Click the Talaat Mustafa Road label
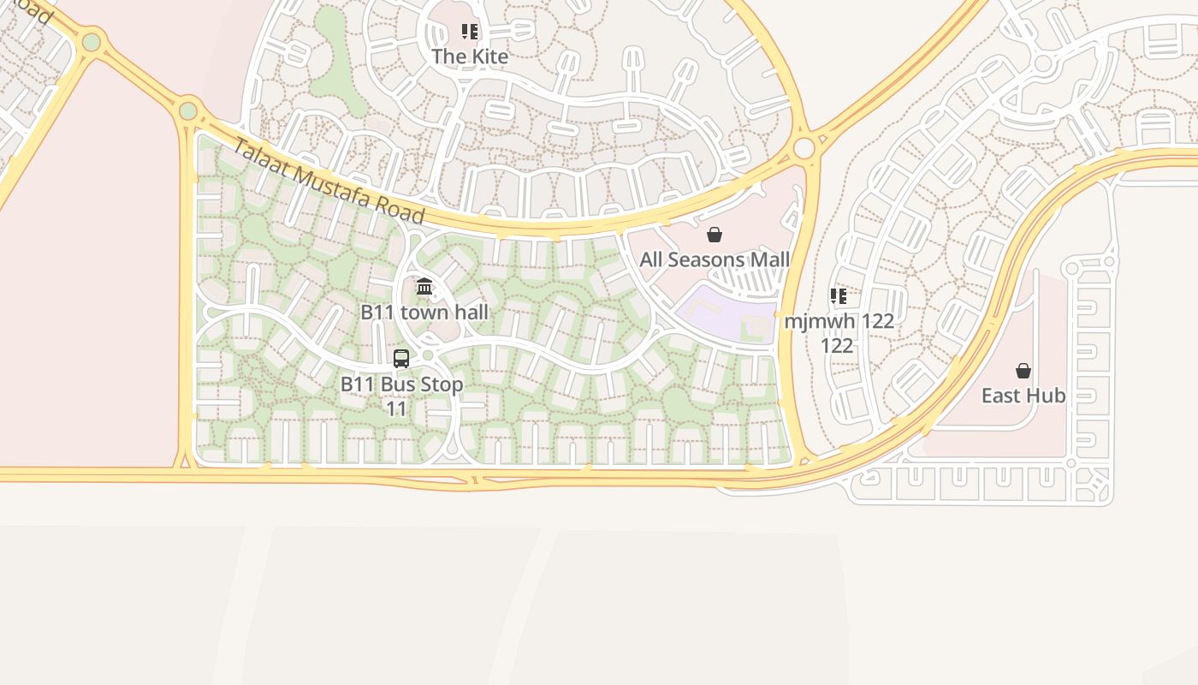(329, 181)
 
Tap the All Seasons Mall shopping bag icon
(715, 235)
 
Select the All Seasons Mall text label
(715, 259)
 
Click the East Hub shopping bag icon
(1023, 371)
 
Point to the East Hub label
(1023, 395)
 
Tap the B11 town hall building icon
(424, 286)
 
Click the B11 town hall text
(424, 312)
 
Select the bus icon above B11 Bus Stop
(401, 358)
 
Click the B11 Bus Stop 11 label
(401, 396)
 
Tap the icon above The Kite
(470, 32)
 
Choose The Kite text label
(470, 57)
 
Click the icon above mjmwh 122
(839, 296)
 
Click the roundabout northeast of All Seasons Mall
(804, 148)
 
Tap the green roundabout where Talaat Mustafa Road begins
(188, 110)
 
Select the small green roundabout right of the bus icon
(428, 354)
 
